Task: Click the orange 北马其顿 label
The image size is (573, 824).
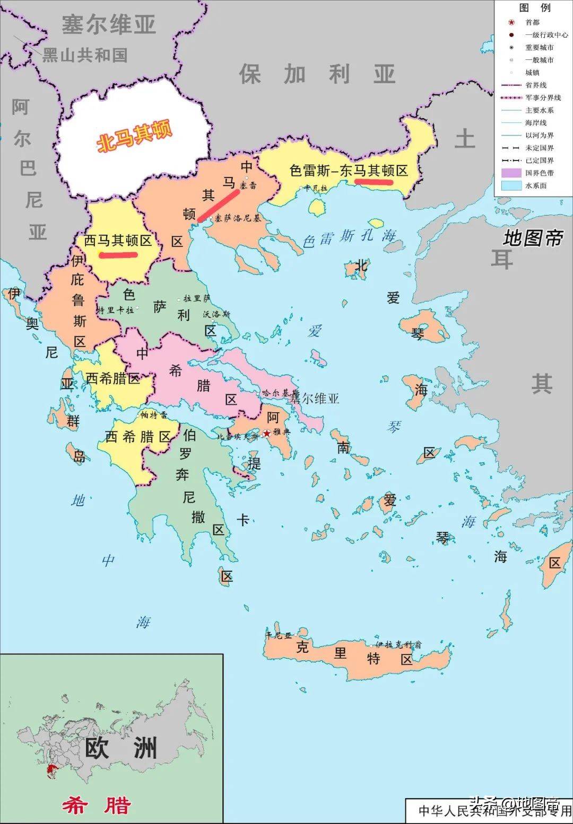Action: click(135, 137)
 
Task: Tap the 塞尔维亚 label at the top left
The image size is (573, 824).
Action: click(109, 24)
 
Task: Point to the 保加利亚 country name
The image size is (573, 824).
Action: click(317, 74)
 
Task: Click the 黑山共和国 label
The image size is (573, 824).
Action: click(85, 55)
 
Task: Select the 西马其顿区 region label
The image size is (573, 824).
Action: click(118, 241)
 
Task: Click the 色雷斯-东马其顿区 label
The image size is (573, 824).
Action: click(349, 171)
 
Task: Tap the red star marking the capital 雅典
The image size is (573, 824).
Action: click(266, 433)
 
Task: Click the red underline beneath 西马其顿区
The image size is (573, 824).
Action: click(118, 255)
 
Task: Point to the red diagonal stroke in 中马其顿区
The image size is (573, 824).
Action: click(218, 205)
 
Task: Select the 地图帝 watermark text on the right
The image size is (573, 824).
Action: click(533, 238)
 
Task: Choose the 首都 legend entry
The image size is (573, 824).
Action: click(532, 22)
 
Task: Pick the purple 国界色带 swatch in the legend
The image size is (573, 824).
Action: click(511, 173)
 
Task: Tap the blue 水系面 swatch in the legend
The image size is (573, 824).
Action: click(511, 185)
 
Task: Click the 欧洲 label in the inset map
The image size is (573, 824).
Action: click(121, 748)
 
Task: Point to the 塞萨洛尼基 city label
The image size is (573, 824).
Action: click(238, 218)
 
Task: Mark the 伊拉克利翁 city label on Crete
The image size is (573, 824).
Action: click(398, 645)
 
